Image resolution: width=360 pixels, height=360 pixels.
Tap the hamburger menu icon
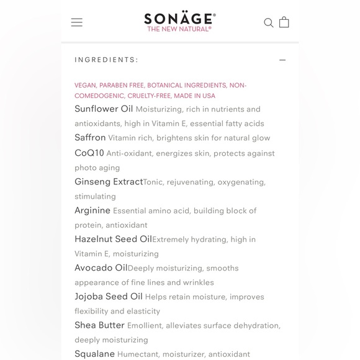click(x=77, y=22)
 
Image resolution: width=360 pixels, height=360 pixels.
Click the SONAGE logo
click(x=179, y=18)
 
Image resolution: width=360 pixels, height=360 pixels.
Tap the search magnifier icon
click(x=269, y=23)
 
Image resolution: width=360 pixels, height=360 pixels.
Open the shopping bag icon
click(x=284, y=22)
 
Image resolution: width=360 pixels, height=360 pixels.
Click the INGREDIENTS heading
click(x=106, y=60)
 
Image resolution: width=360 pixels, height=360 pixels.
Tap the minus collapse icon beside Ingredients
click(x=282, y=60)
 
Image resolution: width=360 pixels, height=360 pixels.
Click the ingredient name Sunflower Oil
click(x=104, y=109)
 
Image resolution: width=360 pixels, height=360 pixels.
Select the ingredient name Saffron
click(x=90, y=138)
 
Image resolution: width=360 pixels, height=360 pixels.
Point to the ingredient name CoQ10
click(x=89, y=153)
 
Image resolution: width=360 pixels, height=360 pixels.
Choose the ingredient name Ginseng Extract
click(x=109, y=182)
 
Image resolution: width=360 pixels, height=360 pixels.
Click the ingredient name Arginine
click(x=92, y=210)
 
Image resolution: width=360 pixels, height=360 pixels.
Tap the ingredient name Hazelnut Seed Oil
click(x=113, y=239)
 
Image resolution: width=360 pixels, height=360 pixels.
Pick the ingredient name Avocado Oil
click(x=101, y=268)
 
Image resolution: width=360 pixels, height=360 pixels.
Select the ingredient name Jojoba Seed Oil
click(x=109, y=297)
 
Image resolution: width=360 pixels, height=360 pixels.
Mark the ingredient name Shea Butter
click(x=99, y=325)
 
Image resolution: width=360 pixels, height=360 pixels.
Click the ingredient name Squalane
click(x=94, y=354)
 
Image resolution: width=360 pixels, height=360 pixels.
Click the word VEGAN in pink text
click(x=85, y=86)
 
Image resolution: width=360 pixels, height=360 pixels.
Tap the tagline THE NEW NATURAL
click(x=179, y=29)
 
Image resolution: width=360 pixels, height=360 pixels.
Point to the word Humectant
click(x=138, y=354)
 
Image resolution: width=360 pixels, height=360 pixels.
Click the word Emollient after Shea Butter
click(x=146, y=326)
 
